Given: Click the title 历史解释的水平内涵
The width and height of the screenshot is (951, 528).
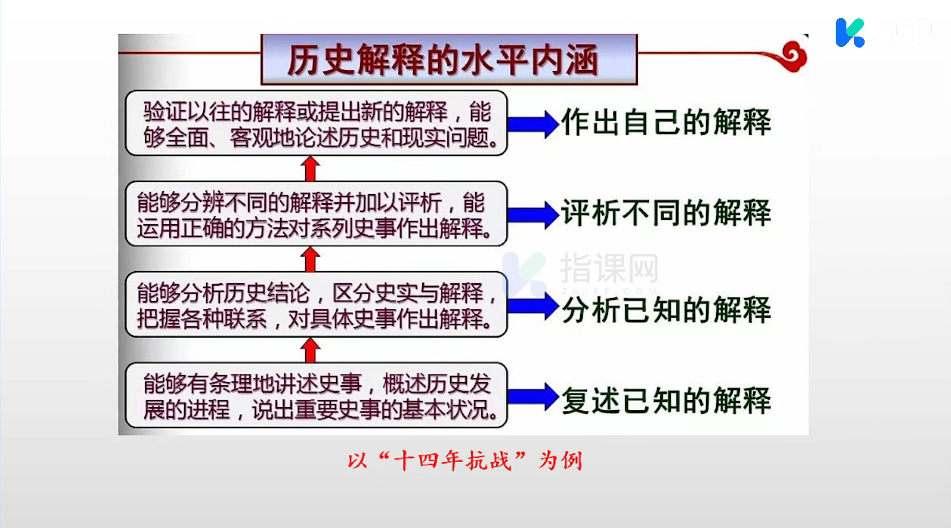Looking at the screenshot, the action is [443, 60].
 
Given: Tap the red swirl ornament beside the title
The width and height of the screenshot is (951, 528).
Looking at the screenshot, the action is [793, 56].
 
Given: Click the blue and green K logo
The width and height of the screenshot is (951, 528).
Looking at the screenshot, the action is [850, 33].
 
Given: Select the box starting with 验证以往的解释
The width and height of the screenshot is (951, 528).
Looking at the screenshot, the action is [316, 123].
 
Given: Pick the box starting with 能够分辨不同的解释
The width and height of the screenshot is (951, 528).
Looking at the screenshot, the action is [316, 214].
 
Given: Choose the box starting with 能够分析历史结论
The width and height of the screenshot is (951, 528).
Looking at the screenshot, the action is [316, 304].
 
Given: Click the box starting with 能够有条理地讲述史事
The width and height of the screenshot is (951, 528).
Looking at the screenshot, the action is [316, 395].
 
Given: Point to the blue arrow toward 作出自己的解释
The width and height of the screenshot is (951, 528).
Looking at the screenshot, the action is [533, 124].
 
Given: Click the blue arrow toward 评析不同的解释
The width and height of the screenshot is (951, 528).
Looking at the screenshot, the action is [533, 215].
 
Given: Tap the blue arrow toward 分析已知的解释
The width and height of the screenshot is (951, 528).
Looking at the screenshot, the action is [533, 306].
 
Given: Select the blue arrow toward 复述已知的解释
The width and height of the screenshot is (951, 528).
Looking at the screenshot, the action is [533, 396].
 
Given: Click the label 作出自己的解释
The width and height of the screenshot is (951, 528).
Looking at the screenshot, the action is [666, 122].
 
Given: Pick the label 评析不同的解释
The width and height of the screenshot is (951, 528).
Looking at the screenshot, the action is [666, 213].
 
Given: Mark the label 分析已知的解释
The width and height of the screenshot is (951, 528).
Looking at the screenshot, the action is [666, 310].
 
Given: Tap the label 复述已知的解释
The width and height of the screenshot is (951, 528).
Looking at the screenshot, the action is [666, 400].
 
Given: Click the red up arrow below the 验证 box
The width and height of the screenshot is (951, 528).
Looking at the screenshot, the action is [310, 168].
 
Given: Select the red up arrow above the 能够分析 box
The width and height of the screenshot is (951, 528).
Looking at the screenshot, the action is [310, 259].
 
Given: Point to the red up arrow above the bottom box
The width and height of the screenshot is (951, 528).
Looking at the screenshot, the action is [310, 350].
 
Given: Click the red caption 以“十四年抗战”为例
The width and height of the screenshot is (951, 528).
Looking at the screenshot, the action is [465, 460].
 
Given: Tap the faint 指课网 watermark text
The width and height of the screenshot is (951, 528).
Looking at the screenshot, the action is [609, 268].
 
